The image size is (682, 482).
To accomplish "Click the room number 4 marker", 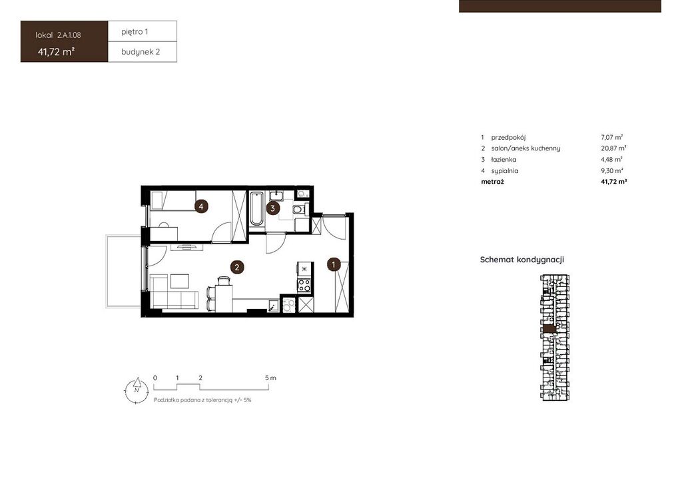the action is click(x=201, y=206).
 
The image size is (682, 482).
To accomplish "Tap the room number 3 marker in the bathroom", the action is click(x=272, y=208).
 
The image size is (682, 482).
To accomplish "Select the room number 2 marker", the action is click(x=237, y=267).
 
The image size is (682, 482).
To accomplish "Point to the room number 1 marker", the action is click(x=334, y=264).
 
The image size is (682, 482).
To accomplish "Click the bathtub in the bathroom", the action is click(x=256, y=208).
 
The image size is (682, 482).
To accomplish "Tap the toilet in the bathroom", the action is click(x=299, y=210).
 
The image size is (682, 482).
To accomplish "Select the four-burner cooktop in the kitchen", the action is click(x=304, y=285).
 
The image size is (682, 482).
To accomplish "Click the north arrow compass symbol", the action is click(x=137, y=391).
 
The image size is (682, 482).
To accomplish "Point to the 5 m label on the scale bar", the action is click(x=270, y=378).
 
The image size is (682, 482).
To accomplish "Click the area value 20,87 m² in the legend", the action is click(x=613, y=148).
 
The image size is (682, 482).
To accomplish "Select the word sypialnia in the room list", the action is click(x=505, y=171).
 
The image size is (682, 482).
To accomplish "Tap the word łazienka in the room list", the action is click(x=504, y=160).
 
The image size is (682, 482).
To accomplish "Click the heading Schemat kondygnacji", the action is click(x=522, y=260).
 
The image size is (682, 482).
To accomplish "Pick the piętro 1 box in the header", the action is click(x=143, y=31).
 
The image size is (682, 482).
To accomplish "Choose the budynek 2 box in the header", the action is click(x=143, y=52).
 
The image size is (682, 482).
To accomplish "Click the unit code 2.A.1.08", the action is click(x=69, y=35).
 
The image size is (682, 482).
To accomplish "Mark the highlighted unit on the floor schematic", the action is click(x=549, y=329).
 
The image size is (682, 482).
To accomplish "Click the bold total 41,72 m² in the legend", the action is click(x=613, y=182).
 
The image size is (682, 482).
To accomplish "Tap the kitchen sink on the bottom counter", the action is click(x=274, y=306).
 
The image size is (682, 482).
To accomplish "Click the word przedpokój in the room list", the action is click(x=508, y=137).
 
